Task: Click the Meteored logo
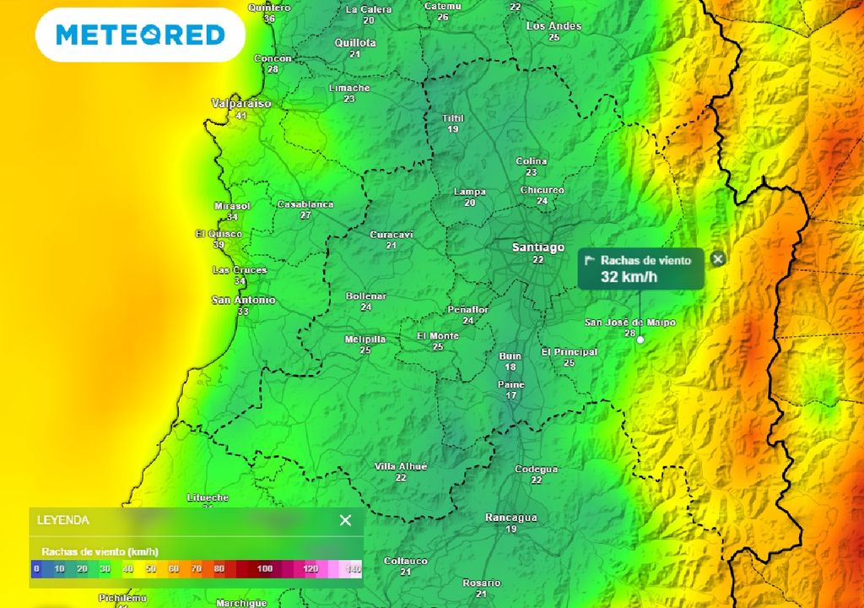140,35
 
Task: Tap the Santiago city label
538,247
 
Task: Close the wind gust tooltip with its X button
718,259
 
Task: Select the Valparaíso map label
241,103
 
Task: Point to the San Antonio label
243,300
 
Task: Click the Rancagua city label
511,518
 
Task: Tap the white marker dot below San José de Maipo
640,339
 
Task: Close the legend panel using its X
345,520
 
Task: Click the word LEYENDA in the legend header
63,520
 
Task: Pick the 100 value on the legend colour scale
265,569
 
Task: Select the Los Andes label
553,26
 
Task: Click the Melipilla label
365,339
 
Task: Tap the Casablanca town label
305,204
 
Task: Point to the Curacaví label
391,235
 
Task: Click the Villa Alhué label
401,467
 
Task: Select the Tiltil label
453,118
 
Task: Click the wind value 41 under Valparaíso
241,116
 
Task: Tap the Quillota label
355,43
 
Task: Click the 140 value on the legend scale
353,569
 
